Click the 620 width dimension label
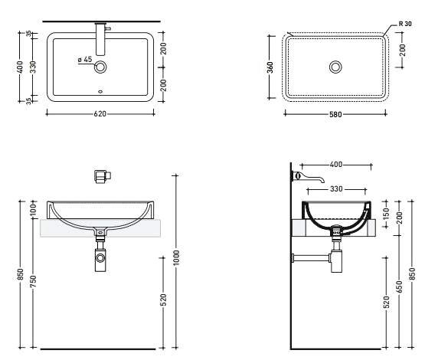[100, 114]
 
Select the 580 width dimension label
[335, 114]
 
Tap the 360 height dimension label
[270, 67]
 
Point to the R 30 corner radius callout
[405, 24]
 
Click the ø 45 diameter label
[85, 60]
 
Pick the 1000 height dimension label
[176, 258]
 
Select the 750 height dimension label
[33, 281]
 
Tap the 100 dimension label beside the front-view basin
[33, 210]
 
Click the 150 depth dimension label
[387, 214]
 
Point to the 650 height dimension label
[399, 286]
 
